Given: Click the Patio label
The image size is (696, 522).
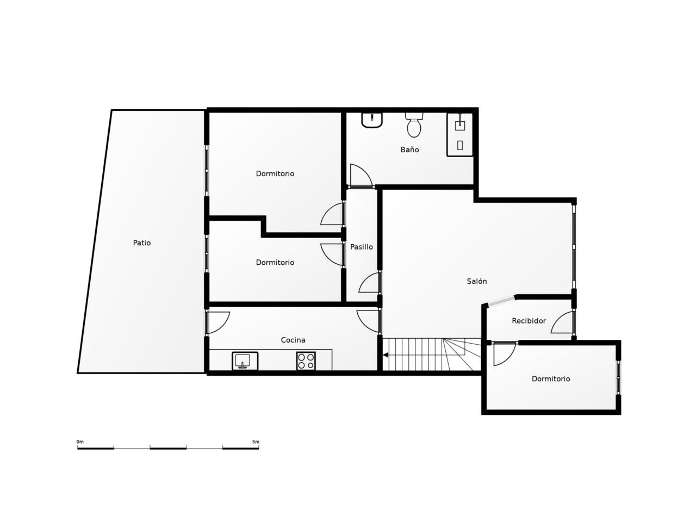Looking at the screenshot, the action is pyautogui.click(x=142, y=243).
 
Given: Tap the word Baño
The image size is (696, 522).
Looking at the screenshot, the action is pyautogui.click(x=409, y=150).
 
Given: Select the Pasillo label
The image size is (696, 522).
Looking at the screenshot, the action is pyautogui.click(x=361, y=246).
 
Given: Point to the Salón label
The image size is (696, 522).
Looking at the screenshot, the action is pyautogui.click(x=476, y=281).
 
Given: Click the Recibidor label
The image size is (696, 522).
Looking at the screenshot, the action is pyautogui.click(x=529, y=321).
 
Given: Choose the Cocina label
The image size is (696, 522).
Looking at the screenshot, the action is pyautogui.click(x=293, y=340).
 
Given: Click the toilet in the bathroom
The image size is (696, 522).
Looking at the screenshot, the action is pyautogui.click(x=414, y=125).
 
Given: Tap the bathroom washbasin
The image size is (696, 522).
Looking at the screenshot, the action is pyautogui.click(x=372, y=120).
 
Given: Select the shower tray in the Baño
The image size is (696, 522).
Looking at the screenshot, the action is pyautogui.click(x=460, y=134).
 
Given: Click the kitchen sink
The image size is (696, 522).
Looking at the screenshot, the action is pyautogui.click(x=245, y=361).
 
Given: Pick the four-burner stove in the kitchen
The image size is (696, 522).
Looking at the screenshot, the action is pyautogui.click(x=306, y=361).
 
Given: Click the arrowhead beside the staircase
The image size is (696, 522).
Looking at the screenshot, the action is pyautogui.click(x=386, y=355).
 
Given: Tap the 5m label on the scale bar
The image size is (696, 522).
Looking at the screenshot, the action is pyautogui.click(x=256, y=442).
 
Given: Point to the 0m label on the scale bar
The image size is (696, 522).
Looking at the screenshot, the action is pyautogui.click(x=80, y=442).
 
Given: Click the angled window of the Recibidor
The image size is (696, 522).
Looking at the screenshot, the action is pyautogui.click(x=501, y=300).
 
